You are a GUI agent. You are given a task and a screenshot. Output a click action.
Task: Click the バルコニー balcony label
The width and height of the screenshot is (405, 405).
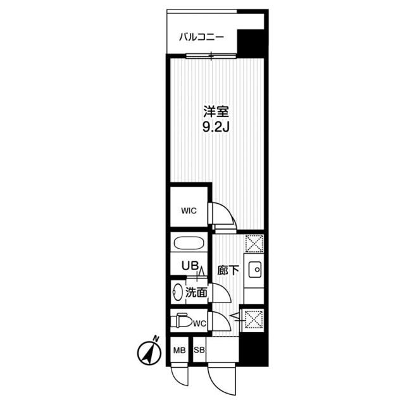pyautogui.click(x=201, y=37)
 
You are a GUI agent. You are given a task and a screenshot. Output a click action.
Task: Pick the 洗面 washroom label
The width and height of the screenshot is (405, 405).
pyautogui.click(x=196, y=292)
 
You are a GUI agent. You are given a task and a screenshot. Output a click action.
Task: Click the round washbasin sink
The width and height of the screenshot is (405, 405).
pyautogui.click(x=177, y=293)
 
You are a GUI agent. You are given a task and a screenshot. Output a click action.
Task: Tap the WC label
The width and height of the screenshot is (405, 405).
pyautogui.click(x=199, y=324)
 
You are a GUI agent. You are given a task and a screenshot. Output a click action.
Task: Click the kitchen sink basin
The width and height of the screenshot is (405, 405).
pyautogui.click(x=255, y=270)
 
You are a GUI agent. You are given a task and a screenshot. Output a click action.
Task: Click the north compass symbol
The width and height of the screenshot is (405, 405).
pyautogui.click(x=149, y=352)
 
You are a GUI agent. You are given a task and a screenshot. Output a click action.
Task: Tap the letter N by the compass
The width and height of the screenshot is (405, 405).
pyautogui.click(x=156, y=338)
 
